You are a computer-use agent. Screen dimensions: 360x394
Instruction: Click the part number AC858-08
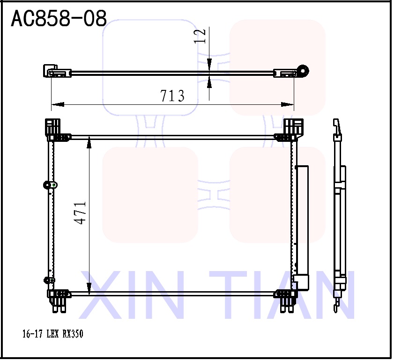click(59, 19)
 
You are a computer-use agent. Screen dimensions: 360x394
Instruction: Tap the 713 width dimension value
click(172, 96)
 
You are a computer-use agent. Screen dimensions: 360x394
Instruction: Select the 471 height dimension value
click(81, 213)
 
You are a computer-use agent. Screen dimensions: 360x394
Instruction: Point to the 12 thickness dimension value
click(200, 36)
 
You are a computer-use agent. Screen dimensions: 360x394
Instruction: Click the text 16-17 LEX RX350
click(53, 334)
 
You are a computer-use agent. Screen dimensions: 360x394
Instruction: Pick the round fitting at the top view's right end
click(304, 71)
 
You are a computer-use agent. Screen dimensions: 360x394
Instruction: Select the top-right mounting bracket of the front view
click(293, 128)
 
